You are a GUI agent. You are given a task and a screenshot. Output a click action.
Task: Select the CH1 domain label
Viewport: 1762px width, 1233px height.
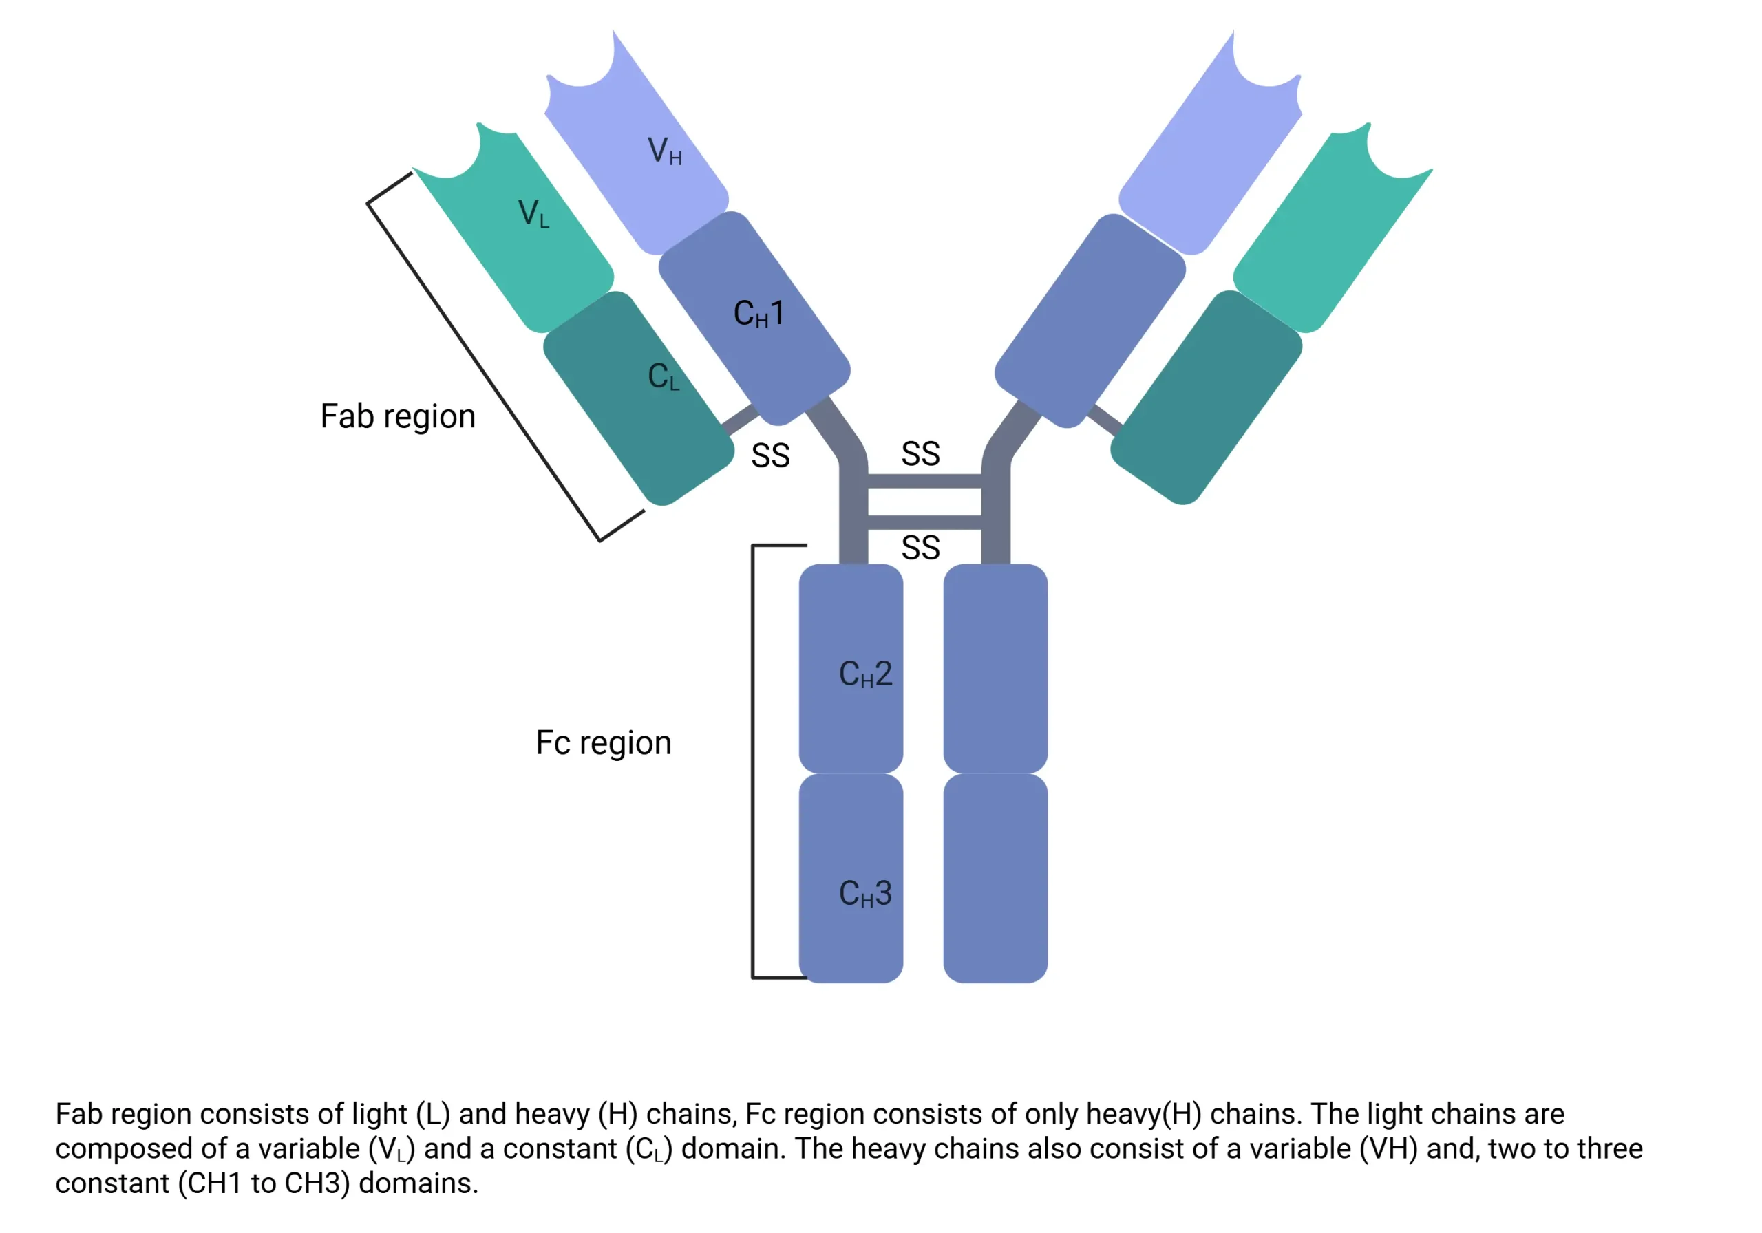point(758,313)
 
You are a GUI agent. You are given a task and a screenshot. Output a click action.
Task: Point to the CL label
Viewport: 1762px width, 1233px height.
point(663,377)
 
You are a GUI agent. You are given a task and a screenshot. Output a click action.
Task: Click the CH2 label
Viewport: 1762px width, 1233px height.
point(865,674)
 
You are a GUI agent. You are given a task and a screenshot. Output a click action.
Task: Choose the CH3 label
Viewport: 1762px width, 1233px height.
point(865,893)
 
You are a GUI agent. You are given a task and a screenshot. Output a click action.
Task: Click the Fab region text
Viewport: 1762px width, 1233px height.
point(398,417)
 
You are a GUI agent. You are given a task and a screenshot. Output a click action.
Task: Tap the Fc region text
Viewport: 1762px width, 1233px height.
point(603,742)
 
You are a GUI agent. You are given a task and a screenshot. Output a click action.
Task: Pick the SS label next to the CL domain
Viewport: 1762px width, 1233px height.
point(770,455)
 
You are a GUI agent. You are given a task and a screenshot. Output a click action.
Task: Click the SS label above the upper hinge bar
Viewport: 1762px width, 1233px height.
point(920,453)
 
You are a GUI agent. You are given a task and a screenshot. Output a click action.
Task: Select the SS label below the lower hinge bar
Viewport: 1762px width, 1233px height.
point(920,548)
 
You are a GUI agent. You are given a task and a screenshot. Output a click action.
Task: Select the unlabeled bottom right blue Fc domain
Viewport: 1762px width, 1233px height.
point(995,878)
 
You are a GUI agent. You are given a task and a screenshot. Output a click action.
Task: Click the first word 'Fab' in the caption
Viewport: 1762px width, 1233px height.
point(79,1114)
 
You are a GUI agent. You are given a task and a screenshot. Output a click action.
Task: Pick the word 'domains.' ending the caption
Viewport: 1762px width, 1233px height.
point(418,1183)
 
